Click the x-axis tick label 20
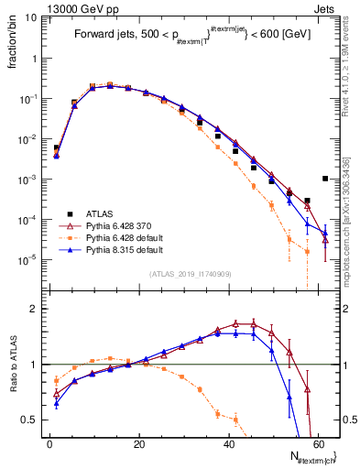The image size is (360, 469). pyautogui.click(x=139, y=442)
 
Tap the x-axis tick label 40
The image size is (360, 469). pyautogui.click(x=228, y=442)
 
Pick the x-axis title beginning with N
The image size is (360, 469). pyautogui.click(x=310, y=457)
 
